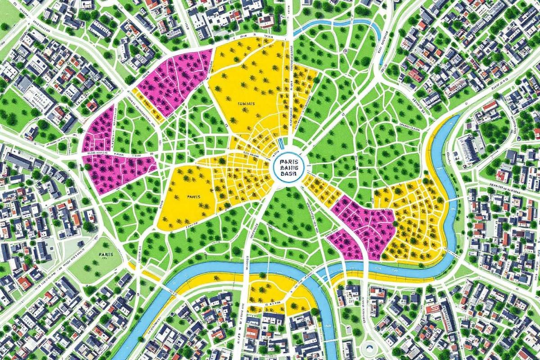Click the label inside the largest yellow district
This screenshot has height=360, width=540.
[245, 103]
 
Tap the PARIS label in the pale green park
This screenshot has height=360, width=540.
[104, 254]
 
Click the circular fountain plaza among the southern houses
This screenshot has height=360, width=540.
[369, 347]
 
